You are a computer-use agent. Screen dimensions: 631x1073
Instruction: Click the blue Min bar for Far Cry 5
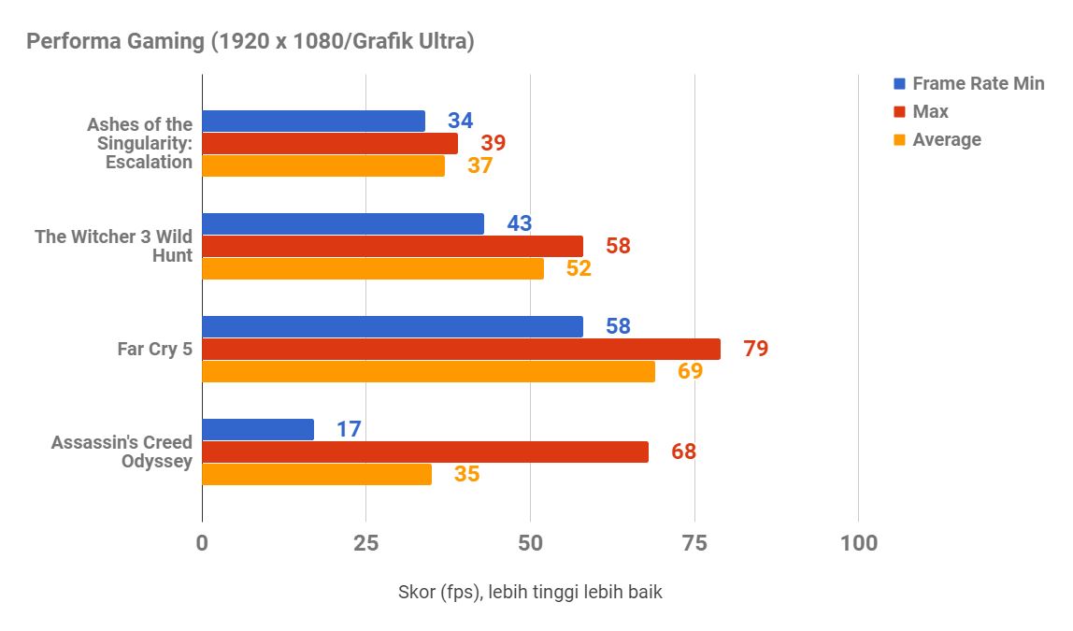point(393,326)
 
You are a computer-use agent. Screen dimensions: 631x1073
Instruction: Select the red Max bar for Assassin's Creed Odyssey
point(425,452)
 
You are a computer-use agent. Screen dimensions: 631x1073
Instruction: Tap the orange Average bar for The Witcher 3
point(373,268)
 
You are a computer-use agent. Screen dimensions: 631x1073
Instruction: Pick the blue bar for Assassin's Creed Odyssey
point(258,429)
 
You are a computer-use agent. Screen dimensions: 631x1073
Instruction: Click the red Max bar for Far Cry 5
point(462,349)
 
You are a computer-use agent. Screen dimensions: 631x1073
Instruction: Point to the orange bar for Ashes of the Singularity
point(323,165)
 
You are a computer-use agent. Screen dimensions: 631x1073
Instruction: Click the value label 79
point(755,349)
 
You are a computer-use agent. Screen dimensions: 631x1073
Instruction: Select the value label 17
point(349,430)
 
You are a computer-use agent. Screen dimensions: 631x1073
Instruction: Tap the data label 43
point(519,224)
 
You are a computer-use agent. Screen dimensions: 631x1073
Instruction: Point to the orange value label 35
point(466,474)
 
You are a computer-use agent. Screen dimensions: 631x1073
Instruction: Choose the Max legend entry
point(930,111)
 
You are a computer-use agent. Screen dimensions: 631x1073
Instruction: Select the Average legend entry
point(946,139)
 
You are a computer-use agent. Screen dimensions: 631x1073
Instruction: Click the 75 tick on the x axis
point(694,542)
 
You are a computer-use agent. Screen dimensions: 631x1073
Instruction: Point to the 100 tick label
point(858,542)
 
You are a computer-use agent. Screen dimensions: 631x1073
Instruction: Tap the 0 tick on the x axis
point(202,542)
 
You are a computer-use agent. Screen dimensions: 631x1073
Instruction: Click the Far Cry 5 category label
point(154,349)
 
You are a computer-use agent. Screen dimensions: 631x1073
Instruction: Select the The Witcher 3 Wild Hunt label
point(114,246)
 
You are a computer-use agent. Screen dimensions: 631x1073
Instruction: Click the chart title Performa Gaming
point(250,42)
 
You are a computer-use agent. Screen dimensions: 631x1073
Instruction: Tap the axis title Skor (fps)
point(530,592)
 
